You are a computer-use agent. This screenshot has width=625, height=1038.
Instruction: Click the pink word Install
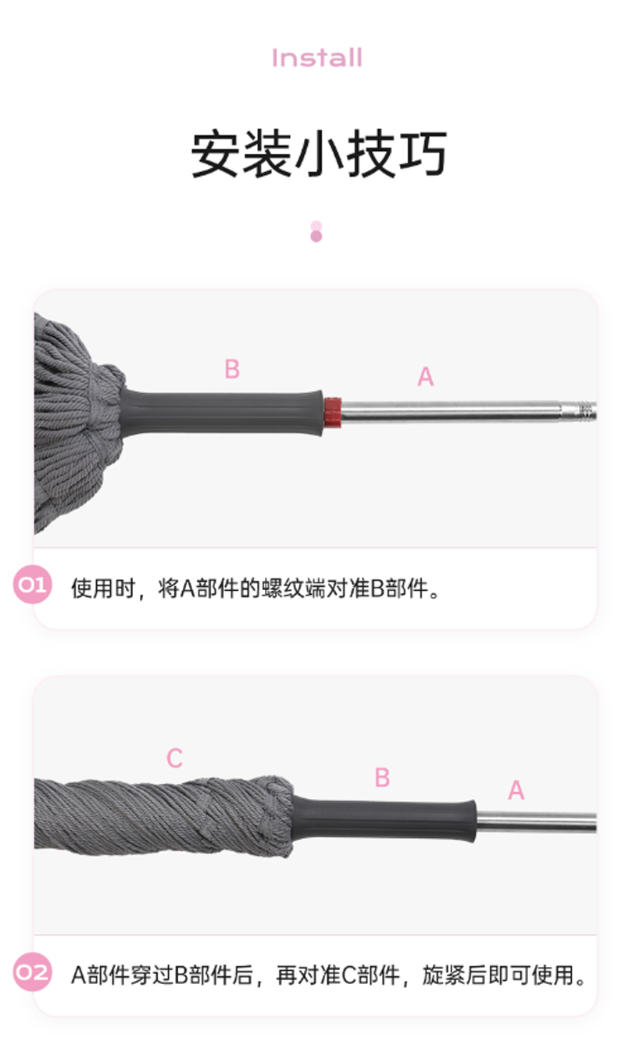pos(317,58)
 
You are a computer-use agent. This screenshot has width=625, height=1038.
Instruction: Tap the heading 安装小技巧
pos(319,154)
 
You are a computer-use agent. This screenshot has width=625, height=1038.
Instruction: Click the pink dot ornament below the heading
pos(316,231)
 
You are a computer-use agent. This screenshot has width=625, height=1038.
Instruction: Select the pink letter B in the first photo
pos(232,369)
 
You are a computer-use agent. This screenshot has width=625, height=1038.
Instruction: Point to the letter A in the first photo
pos(425,376)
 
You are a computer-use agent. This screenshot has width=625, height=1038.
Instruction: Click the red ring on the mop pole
pos(333,413)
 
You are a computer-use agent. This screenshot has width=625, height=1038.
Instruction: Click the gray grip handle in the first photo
pos(221,413)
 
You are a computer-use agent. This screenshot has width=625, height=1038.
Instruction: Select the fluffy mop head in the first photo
pos(78,423)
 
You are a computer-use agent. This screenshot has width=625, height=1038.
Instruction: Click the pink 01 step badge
pos(32,585)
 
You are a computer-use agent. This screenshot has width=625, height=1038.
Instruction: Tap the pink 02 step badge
pos(32,972)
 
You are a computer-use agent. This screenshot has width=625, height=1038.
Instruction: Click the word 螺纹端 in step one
pos(293,589)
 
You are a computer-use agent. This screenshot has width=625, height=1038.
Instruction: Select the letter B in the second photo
pos(382,778)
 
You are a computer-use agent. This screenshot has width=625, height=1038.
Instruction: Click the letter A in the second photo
pos(516,790)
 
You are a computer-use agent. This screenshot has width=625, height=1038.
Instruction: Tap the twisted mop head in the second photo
pos(163,817)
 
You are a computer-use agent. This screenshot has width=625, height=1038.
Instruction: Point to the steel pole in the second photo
pos(537,822)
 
